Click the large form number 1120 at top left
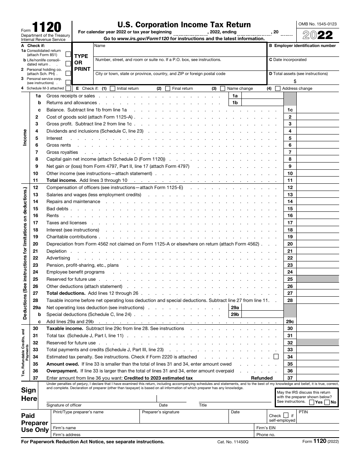point(46,28)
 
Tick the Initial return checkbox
point(112,89)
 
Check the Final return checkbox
point(167,89)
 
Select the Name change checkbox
point(222,89)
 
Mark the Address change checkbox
point(278,89)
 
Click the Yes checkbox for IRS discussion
point(311,402)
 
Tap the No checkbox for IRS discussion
point(327,402)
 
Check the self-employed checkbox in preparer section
point(286,415)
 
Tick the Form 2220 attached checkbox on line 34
point(276,357)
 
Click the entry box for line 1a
point(262,96)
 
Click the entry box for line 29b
point(262,314)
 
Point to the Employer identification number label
point(302,46)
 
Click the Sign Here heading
point(29,394)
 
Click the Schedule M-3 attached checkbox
point(68,89)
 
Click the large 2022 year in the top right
point(318,35)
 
